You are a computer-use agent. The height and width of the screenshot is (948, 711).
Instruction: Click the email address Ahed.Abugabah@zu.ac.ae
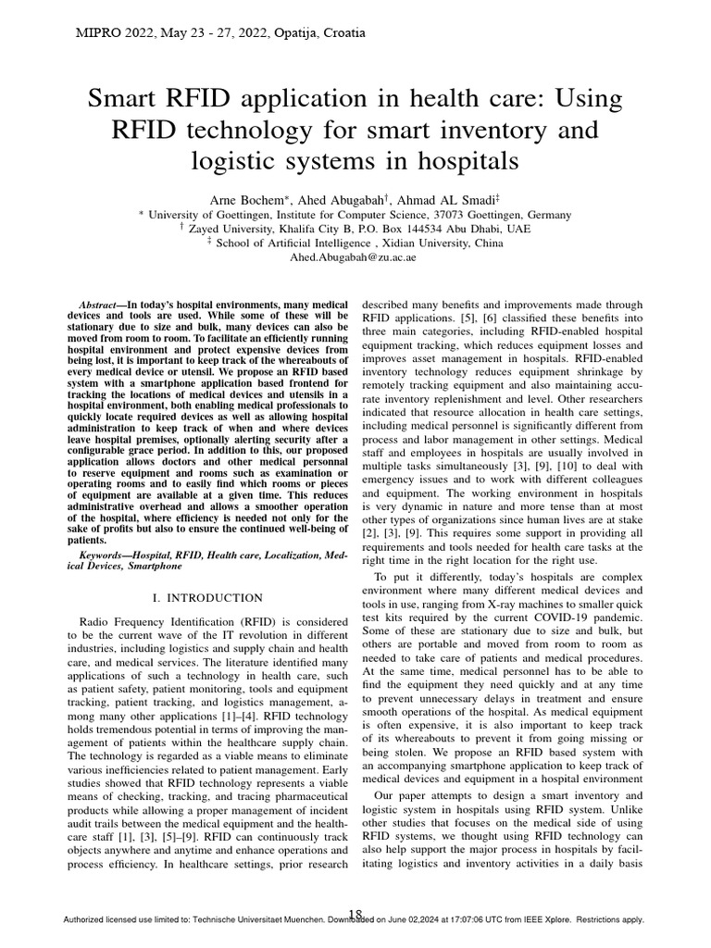tap(355, 256)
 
